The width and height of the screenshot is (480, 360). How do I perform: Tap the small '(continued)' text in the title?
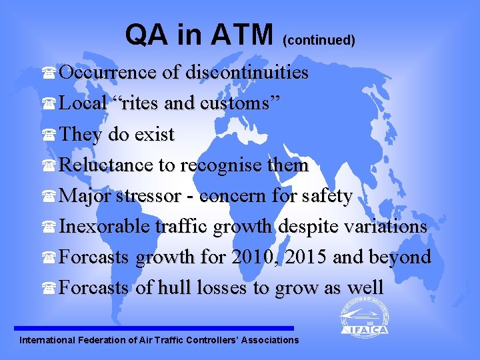[319, 40]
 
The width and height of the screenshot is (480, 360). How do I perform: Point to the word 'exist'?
[154, 134]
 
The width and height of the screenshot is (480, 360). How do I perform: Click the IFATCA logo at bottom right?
[363, 316]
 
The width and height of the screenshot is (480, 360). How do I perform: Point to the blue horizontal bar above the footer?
[153, 328]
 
